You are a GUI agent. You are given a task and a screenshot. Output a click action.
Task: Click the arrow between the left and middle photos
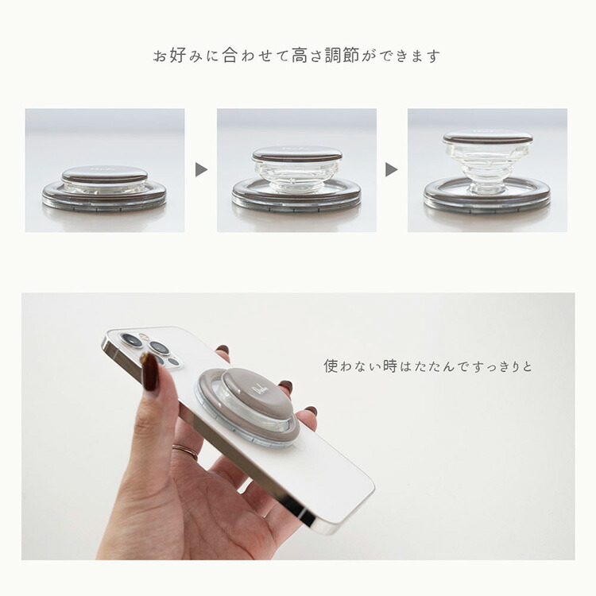coord(201,169)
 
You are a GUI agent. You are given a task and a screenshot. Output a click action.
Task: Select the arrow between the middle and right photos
coord(391,169)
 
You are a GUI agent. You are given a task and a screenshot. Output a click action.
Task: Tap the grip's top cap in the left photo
coord(105,174)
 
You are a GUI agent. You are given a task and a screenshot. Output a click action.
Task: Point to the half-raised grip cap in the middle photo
coord(297,153)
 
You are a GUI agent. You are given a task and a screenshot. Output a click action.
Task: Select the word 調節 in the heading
coord(342,56)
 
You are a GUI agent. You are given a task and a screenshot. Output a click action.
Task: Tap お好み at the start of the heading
coord(178,56)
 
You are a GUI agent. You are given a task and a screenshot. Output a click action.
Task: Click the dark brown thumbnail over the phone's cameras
coord(149,373)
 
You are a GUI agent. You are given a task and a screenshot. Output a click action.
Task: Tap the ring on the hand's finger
coord(185,451)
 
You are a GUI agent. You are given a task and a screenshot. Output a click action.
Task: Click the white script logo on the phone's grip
coord(259,390)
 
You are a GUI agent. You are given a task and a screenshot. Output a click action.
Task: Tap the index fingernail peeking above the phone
coord(222,350)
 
